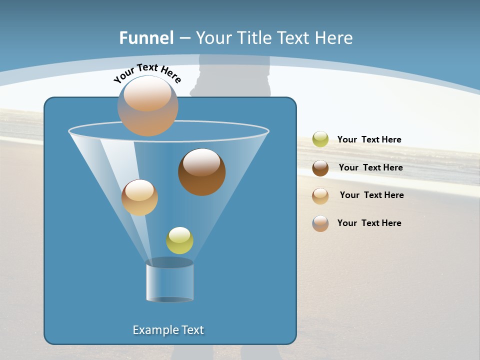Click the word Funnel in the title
tap(146, 38)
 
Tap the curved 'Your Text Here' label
tap(147, 73)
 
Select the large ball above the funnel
tap(148, 106)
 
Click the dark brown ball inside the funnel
tap(201, 172)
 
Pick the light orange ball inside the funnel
tap(139, 197)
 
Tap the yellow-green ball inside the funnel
tap(179, 240)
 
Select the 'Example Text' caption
tap(168, 330)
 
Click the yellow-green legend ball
tap(320, 139)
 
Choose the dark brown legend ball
tap(320, 168)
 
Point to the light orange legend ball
tap(320, 195)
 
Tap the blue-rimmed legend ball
tap(320, 223)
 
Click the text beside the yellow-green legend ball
tap(369, 140)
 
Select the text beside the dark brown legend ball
tap(370, 168)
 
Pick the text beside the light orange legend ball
tap(371, 195)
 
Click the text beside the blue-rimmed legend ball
tap(369, 223)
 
